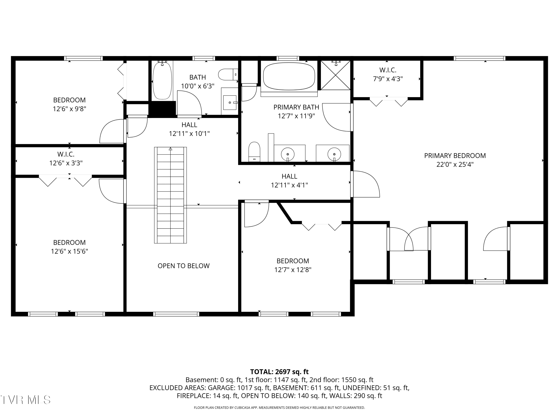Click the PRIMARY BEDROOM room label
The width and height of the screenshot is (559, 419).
point(455,155)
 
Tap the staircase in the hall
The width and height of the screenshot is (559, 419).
point(170,195)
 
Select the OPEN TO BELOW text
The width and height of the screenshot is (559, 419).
point(184,266)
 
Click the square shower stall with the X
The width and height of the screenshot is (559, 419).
point(335,75)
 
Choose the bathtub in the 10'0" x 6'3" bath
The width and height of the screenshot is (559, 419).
point(162,80)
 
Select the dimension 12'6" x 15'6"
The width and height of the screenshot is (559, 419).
point(70,251)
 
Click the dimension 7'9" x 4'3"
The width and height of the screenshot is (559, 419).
point(388,79)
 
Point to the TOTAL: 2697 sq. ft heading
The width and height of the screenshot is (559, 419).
point(279,372)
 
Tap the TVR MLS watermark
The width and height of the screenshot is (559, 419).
point(26,400)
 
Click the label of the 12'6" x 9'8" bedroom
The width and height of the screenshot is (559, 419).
point(70,100)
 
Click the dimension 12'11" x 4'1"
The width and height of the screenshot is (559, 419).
point(289,185)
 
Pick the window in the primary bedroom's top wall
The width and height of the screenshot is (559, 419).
point(479,58)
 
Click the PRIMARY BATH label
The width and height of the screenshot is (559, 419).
point(296,107)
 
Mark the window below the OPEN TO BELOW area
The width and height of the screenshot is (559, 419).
point(176,314)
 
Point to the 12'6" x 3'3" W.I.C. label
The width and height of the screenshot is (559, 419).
point(66,154)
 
